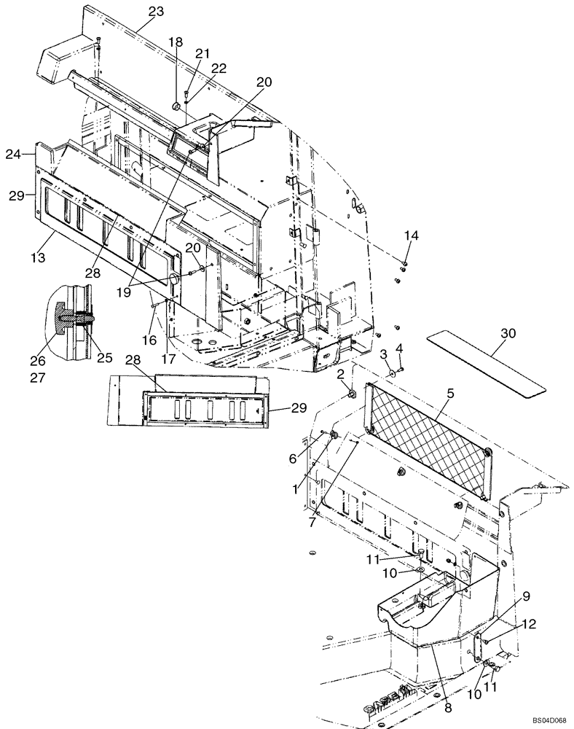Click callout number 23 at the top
(156, 11)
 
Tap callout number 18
(175, 43)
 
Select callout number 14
(412, 235)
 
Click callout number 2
(340, 374)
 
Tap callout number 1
(295, 491)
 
